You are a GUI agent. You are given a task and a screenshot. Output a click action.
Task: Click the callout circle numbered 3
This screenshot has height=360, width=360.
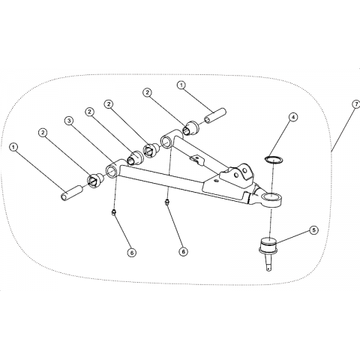pos(69,121)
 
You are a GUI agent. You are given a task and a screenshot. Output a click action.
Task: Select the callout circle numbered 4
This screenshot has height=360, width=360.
pos(293,117)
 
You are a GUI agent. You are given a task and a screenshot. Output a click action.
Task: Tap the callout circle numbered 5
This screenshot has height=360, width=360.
pos(314,230)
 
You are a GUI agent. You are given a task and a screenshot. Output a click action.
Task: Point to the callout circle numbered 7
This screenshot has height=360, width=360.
pos(356,104)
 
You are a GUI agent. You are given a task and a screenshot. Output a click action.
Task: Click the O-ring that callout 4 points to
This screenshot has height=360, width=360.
pos(273,159)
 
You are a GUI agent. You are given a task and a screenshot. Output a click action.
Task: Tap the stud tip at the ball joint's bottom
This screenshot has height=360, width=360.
pos(268,270)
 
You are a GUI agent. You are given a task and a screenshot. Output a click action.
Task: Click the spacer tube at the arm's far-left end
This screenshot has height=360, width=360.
pos(71,193)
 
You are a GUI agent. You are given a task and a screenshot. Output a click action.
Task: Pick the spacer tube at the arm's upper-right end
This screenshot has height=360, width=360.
pos(215,115)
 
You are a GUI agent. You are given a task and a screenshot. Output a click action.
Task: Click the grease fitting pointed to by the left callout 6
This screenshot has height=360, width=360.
pos(114,212)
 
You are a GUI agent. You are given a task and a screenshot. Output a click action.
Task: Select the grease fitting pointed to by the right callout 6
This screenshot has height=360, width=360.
pos(166,202)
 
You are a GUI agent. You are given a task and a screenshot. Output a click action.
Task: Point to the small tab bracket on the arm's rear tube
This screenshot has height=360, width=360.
pos(197,160)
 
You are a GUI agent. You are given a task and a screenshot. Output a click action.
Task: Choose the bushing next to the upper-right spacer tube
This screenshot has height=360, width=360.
pos(190,127)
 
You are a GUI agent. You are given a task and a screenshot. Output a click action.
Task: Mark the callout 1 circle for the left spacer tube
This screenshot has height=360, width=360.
pos(13,147)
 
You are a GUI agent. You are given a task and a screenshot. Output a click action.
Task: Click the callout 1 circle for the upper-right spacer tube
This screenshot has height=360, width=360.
pos(181,85)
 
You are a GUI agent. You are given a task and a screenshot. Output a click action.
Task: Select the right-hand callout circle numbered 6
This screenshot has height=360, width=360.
pos(183,252)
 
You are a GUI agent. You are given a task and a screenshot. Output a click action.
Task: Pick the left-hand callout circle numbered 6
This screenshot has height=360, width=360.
pos(131,253)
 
